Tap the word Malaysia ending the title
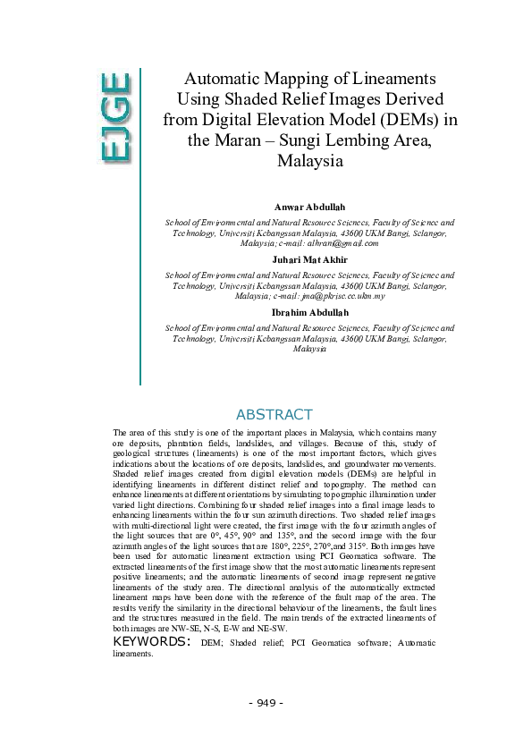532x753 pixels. (x=310, y=163)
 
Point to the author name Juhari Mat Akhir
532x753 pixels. (x=310, y=260)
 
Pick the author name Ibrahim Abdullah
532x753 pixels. (x=310, y=312)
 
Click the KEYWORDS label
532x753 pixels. (x=151, y=641)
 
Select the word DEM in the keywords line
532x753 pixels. (x=213, y=643)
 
